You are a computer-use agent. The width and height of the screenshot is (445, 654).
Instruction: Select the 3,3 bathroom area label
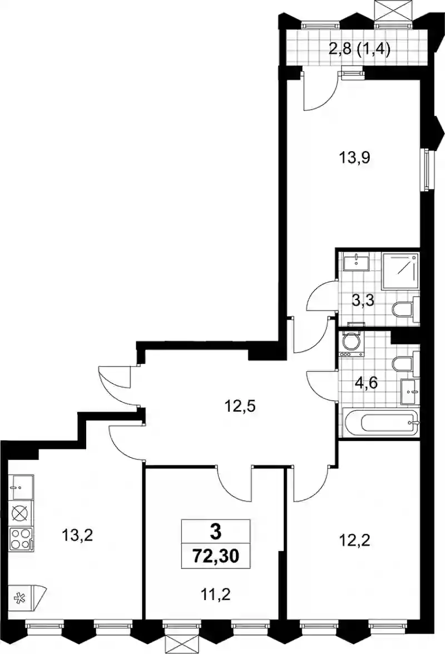pos(363,300)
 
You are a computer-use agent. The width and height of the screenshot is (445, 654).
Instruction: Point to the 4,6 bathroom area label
pos(366,382)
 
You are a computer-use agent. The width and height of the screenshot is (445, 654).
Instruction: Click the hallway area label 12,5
pos(240,405)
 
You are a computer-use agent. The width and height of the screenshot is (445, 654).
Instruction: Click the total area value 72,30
pos(215,556)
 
